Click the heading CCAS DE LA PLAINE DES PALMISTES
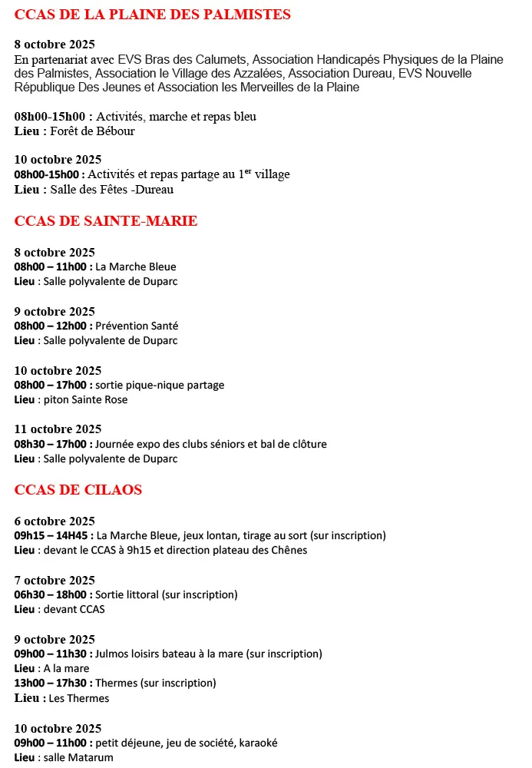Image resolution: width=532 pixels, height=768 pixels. pos(153,15)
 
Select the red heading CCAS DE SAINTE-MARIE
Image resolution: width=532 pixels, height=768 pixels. pos(106,221)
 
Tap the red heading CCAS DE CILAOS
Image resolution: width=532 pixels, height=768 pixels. pos(78,489)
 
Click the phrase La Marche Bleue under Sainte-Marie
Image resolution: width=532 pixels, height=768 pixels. pos(136,267)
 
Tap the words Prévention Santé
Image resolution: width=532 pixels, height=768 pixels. pos(137,326)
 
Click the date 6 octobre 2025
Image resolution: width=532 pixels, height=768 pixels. pos(55,520)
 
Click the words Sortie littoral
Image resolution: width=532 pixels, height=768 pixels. pos(127,594)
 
